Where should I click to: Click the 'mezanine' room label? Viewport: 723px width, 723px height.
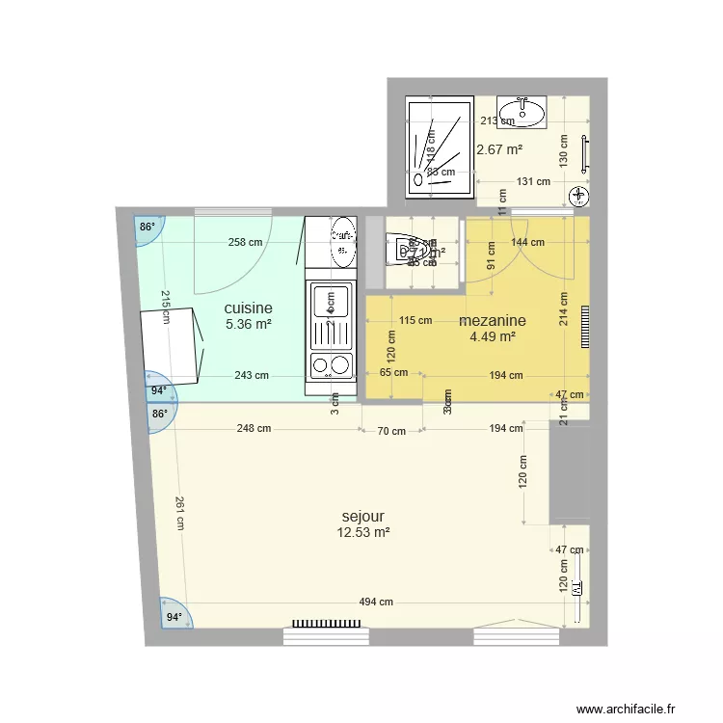coord(493,321)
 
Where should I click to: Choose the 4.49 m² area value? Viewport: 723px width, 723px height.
coord(493,336)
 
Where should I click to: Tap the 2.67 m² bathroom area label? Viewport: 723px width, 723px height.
coord(499,149)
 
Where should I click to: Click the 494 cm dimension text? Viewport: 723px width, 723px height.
coord(376,602)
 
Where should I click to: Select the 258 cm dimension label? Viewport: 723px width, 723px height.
coord(245,243)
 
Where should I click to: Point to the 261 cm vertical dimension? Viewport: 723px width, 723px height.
coord(179,513)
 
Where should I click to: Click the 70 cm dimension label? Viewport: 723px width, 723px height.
coord(391,431)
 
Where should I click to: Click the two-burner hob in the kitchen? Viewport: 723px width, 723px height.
coord(331,365)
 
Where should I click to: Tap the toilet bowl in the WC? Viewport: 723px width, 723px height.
coord(406,253)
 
